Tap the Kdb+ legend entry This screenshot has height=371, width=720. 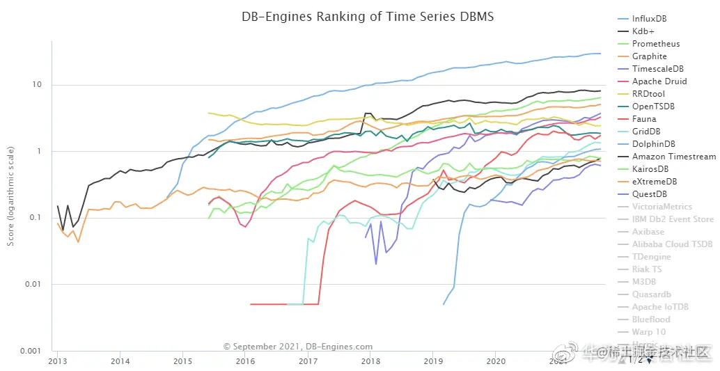(643, 31)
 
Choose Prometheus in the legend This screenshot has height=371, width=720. (656, 44)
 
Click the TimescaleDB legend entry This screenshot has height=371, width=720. (658, 69)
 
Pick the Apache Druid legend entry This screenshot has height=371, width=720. (659, 81)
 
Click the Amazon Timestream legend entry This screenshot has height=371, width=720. (673, 157)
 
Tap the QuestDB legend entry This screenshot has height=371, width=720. (649, 194)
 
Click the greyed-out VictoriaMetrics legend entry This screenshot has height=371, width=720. (662, 207)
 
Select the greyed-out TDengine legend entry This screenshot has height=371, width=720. (652, 257)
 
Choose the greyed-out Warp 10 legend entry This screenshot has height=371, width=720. (649, 332)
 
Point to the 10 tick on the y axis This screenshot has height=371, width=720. (38, 85)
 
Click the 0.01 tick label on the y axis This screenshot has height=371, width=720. (33, 284)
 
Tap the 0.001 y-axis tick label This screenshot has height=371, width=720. (31, 351)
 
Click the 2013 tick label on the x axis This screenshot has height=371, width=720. (58, 362)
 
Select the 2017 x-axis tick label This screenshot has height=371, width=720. (308, 362)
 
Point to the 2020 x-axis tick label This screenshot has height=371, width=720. (495, 362)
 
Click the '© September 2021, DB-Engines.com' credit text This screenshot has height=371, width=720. (297, 346)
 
